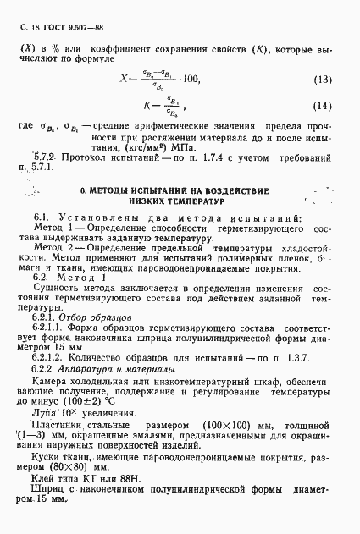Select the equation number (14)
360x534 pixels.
(322, 107)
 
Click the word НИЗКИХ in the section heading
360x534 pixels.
(148, 204)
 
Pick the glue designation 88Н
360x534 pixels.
(126, 480)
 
